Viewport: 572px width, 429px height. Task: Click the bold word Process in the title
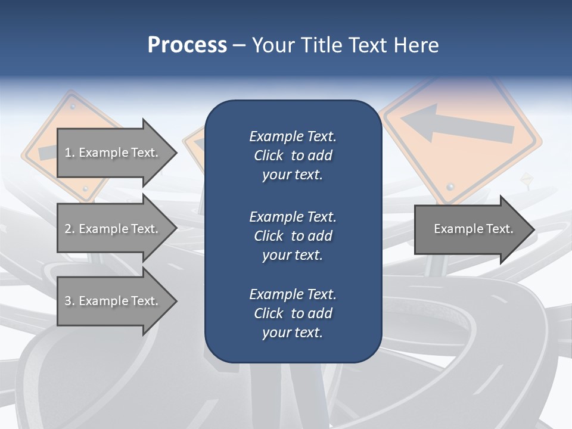(187, 45)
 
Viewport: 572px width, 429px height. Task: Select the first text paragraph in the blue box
(293, 156)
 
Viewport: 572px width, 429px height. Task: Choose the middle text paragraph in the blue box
(293, 236)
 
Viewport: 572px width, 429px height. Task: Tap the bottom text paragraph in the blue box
(293, 313)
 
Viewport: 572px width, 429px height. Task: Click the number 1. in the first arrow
(70, 153)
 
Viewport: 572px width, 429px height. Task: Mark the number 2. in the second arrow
(70, 229)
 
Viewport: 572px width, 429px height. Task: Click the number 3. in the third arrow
(70, 301)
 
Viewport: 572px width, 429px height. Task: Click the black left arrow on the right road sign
(456, 126)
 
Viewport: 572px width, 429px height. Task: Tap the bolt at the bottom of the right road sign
(450, 186)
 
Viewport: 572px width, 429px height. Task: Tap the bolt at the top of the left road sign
(71, 106)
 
